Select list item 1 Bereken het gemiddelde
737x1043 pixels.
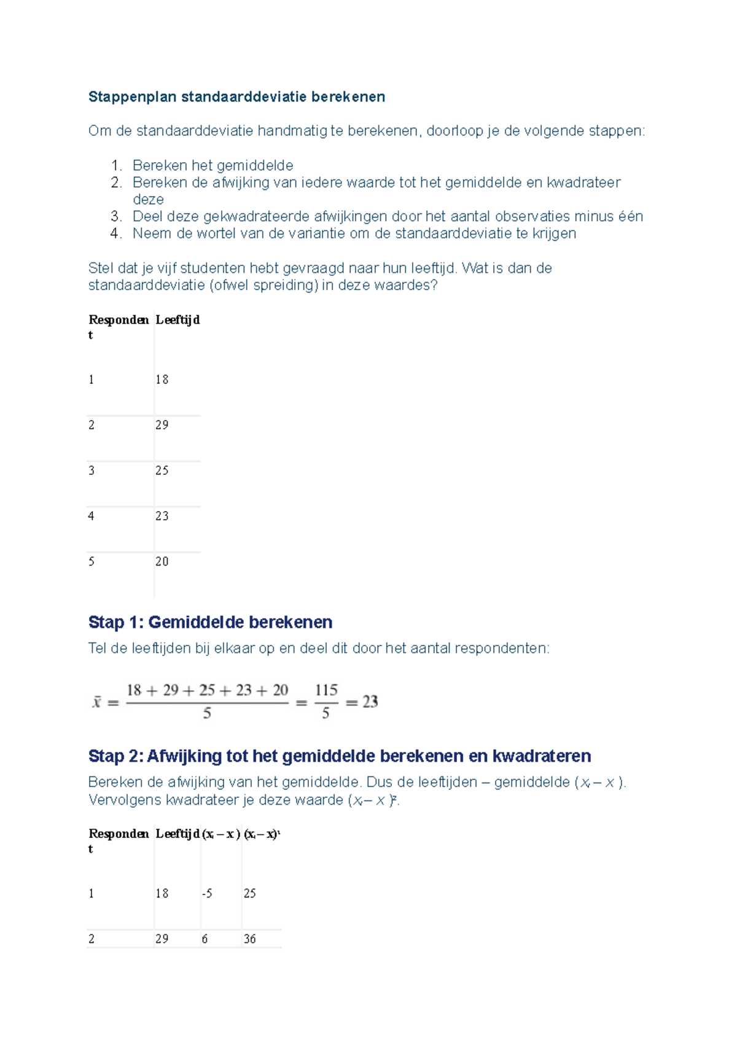tap(213, 165)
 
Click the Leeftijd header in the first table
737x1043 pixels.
tap(177, 319)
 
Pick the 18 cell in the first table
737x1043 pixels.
tap(162, 380)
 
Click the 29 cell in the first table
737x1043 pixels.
tap(162, 425)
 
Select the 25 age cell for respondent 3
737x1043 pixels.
tap(162, 471)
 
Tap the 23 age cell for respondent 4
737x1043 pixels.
tap(162, 516)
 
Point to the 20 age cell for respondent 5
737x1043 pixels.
tap(162, 561)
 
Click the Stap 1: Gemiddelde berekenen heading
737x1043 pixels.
tap(210, 622)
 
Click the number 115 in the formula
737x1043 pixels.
tap(326, 690)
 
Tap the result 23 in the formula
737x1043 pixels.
tap(370, 702)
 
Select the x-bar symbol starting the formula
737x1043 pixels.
tap(97, 702)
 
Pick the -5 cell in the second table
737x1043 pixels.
tap(207, 894)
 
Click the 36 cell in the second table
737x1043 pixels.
tap(249, 939)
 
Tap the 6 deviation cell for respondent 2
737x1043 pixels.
tap(205, 939)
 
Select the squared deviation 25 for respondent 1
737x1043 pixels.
tap(249, 894)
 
